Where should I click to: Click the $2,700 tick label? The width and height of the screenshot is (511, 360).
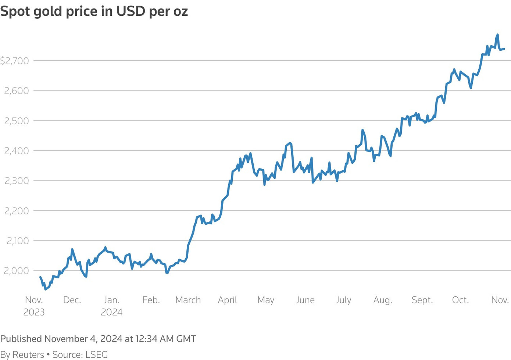pos(14,61)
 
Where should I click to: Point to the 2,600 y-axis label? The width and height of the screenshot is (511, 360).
pos(16,91)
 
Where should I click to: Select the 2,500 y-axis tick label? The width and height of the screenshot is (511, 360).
pos(16,121)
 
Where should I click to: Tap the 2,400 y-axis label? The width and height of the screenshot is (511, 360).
pos(16,151)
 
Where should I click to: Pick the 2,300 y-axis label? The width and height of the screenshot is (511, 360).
pos(16,181)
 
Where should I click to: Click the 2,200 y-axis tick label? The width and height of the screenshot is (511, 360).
pos(16,211)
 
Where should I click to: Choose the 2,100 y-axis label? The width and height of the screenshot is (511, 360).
pos(17,241)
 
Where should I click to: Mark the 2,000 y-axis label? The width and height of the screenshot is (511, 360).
pos(16,271)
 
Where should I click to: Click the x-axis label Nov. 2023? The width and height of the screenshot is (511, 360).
pos(34,306)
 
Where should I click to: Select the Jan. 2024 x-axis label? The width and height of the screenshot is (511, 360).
pos(111,306)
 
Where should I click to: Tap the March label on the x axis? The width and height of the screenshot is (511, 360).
pos(188,300)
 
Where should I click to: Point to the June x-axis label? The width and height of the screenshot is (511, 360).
pos(305,300)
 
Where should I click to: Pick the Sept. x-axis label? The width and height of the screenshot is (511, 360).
pos(422,300)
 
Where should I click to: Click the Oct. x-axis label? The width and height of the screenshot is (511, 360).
pos(460,300)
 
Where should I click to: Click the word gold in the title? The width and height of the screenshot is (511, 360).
pos(48,11)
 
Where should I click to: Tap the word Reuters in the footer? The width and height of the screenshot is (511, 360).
pos(28,354)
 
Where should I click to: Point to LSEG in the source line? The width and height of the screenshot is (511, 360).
pos(96,354)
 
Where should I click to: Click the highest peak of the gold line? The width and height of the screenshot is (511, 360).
pos(497,35)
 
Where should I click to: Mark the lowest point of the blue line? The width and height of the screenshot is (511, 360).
pos(45,289)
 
